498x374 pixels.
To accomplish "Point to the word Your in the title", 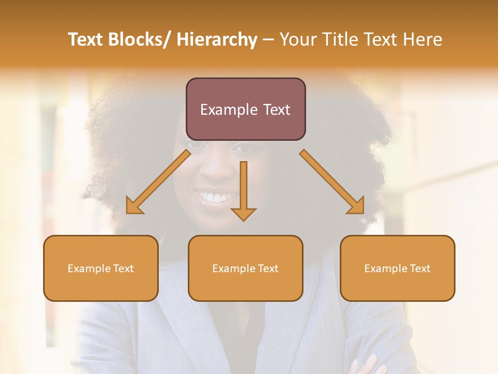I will pos(297,39).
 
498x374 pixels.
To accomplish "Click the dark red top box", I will pos(245,109).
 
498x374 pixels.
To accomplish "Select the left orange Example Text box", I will pos(101,269).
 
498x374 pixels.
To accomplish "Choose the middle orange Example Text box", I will pos(245,269).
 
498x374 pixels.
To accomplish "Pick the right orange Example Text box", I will pos(397,269).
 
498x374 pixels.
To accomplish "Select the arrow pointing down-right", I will pos(331,181).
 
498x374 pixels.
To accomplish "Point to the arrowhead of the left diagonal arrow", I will pos(134,207).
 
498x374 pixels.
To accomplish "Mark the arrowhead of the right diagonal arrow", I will pos(357,207).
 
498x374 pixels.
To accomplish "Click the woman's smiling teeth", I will pos(216,198).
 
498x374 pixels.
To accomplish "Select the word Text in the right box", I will pos(419,269).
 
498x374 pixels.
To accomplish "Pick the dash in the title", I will pos(268,39).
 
